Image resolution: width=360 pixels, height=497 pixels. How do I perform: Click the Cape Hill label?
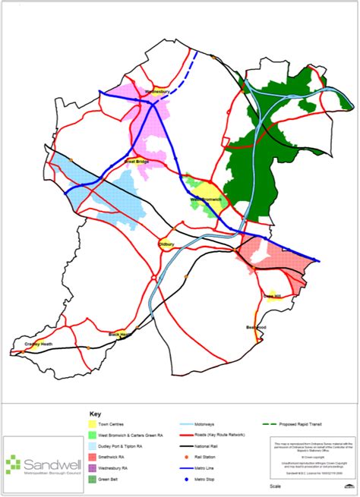(x=272, y=295)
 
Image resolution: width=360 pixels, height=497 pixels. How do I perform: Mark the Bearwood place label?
(x=256, y=327)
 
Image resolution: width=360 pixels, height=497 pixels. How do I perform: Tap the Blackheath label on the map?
(x=121, y=334)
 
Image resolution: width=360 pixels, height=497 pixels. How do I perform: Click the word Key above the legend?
(x=95, y=414)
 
